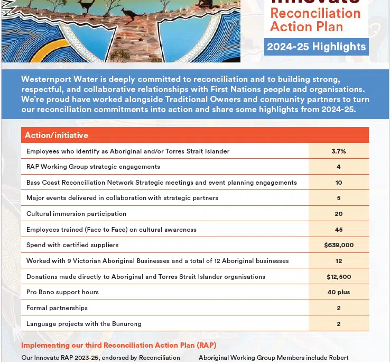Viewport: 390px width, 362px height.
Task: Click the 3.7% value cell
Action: [339, 151]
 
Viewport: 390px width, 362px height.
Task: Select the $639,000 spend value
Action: [339, 245]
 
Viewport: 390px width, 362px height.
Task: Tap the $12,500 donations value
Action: [339, 277]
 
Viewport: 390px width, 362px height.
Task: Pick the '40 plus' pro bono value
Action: [339, 292]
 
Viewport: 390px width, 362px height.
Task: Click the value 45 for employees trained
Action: [339, 230]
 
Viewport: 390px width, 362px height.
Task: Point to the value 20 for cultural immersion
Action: [339, 214]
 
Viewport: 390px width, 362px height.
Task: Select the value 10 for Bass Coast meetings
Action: [339, 183]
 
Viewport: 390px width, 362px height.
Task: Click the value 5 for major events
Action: [339, 198]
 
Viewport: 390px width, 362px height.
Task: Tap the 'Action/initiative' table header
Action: [57, 135]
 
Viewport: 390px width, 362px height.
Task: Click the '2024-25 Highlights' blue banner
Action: [316, 47]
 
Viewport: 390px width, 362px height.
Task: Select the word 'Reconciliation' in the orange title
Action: [315, 13]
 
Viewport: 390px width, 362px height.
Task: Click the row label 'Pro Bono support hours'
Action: [62, 292]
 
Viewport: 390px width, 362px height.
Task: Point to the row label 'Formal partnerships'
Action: [57, 308]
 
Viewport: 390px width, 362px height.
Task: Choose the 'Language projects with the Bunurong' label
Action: [84, 324]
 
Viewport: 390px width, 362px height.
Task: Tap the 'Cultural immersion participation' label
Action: [76, 214]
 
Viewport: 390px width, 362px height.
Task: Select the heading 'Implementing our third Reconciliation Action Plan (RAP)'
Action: [119, 346]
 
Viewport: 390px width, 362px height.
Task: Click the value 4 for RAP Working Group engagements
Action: [339, 167]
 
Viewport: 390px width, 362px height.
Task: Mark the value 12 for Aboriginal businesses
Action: [339, 261]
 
